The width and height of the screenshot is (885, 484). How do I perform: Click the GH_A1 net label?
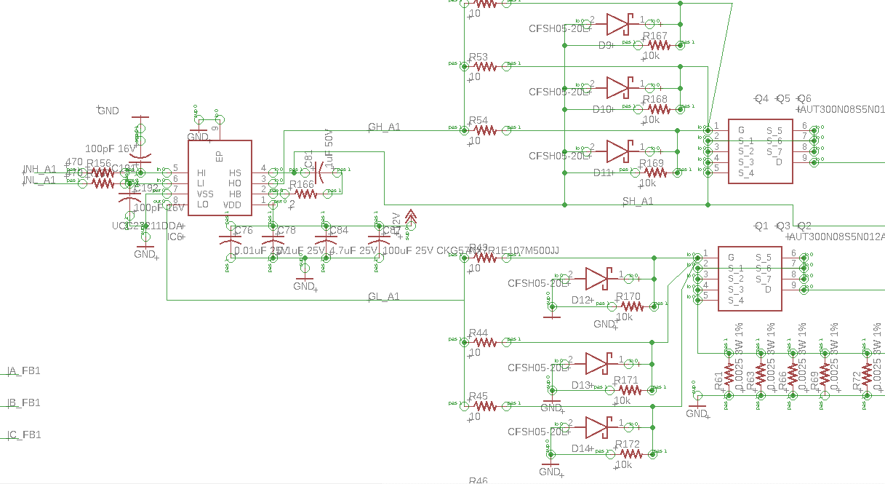(x=384, y=127)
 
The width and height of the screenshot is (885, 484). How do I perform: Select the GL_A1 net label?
(x=383, y=296)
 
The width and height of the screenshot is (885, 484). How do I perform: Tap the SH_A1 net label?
(x=637, y=201)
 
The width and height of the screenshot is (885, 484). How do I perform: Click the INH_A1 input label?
(x=40, y=169)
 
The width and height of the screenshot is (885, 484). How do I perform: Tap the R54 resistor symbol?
(x=484, y=130)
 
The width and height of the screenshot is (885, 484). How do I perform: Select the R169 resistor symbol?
(x=654, y=172)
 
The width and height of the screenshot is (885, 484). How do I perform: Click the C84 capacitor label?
(x=339, y=231)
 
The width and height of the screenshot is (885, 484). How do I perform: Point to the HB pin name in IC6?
(x=234, y=194)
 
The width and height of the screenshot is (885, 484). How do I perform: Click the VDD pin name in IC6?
(x=232, y=205)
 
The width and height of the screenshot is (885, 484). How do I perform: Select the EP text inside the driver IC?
(x=219, y=156)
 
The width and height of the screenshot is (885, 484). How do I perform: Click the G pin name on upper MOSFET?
(x=741, y=130)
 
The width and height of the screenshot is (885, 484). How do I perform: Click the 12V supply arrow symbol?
(x=411, y=216)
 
